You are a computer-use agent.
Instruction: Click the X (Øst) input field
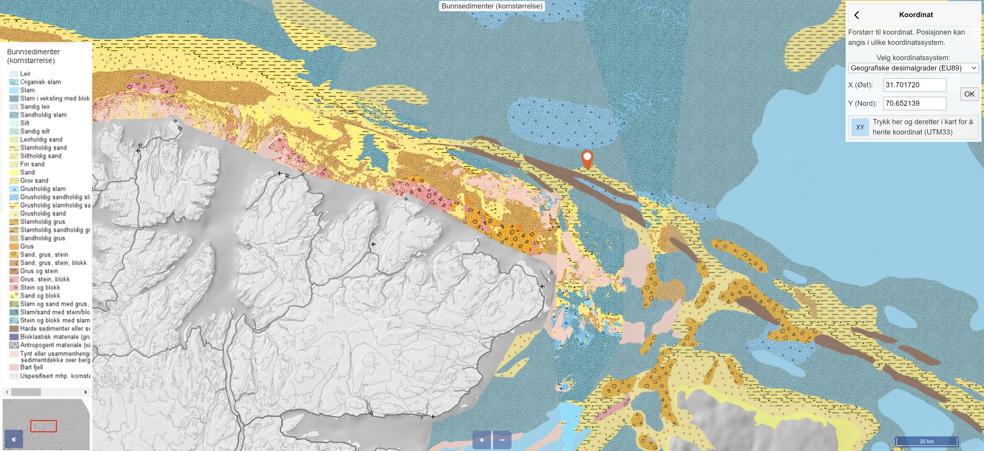(915, 85)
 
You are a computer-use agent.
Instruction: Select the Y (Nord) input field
(915, 103)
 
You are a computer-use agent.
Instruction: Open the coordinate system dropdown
(913, 68)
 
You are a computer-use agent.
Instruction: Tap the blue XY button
(860, 127)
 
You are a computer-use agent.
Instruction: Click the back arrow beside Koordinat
(857, 15)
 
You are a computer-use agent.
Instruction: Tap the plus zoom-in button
(482, 440)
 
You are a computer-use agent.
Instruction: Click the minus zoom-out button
(502, 440)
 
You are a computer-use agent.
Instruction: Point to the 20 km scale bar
(926, 441)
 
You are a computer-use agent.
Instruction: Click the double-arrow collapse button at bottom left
(14, 439)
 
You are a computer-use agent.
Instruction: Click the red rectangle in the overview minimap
(44, 426)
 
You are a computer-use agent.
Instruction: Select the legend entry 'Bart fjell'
(31, 367)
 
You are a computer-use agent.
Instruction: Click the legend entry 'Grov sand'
(34, 181)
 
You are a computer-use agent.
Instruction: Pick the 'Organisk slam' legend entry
(40, 82)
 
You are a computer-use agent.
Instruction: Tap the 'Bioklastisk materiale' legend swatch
(14, 337)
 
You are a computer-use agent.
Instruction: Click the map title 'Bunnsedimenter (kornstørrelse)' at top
(492, 6)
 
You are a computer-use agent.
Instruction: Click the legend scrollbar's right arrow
(86, 392)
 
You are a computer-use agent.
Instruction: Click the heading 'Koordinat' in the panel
(916, 15)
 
